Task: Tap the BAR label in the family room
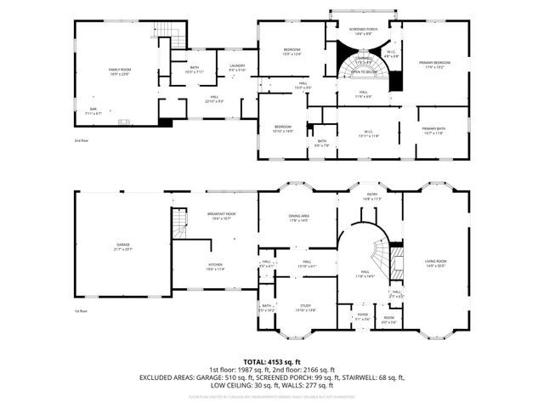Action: tap(93, 110)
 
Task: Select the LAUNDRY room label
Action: tap(237, 67)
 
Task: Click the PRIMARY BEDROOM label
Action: tap(433, 64)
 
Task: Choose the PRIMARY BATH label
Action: tap(433, 130)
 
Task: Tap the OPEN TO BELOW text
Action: tap(364, 74)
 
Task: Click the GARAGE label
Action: tap(123, 246)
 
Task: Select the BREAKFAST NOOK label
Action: tap(220, 216)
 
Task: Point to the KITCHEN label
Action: tap(215, 266)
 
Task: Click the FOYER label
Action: tap(362, 315)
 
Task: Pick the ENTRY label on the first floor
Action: tap(371, 196)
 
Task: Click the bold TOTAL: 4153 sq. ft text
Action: tap(271, 361)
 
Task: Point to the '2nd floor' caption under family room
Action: tap(82, 139)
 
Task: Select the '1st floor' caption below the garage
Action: tap(82, 312)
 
